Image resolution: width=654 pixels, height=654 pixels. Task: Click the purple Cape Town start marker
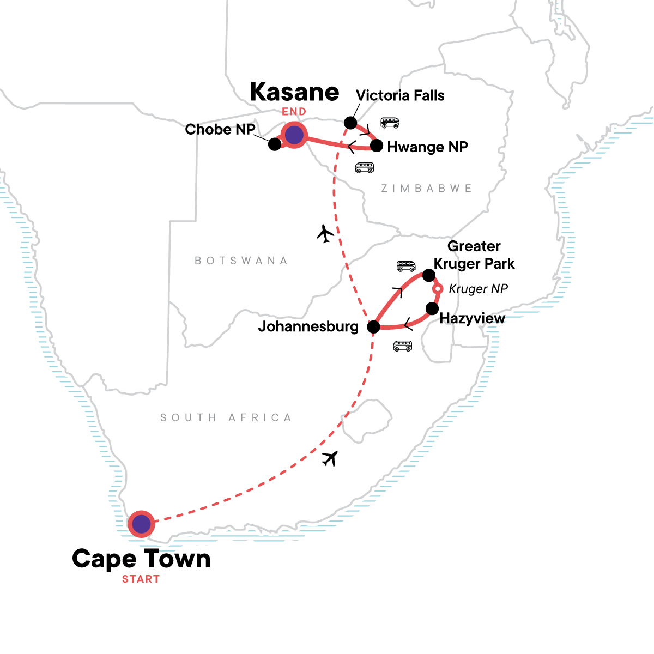click(x=141, y=524)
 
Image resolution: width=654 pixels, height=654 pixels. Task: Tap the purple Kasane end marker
click(x=294, y=135)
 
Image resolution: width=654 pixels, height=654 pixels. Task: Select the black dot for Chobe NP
click(x=275, y=144)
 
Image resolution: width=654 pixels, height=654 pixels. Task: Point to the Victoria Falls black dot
click(x=350, y=122)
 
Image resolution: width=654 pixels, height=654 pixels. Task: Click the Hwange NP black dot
click(x=376, y=146)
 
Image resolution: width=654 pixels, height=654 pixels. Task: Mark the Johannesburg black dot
click(x=373, y=327)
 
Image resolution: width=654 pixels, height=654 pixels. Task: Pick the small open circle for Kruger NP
click(x=437, y=288)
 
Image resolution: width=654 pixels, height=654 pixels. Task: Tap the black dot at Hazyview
click(x=432, y=308)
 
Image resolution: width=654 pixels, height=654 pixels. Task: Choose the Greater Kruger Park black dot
click(x=429, y=275)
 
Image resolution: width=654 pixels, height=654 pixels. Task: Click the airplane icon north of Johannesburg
click(x=325, y=234)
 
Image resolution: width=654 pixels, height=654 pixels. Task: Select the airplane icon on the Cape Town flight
click(x=330, y=459)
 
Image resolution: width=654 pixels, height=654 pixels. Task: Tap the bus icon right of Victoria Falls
click(x=390, y=123)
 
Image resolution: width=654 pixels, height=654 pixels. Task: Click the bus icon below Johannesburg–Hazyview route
click(x=403, y=346)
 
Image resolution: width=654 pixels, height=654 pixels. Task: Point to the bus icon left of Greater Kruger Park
click(x=406, y=266)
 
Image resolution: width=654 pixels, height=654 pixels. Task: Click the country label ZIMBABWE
click(x=426, y=189)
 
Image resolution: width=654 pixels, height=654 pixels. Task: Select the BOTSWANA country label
click(x=241, y=261)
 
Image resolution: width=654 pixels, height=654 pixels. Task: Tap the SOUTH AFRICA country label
click(x=226, y=417)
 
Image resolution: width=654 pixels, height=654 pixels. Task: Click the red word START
click(x=141, y=579)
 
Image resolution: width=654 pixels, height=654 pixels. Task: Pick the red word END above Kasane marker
click(x=294, y=112)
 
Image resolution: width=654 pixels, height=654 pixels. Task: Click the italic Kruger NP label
click(x=478, y=289)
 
